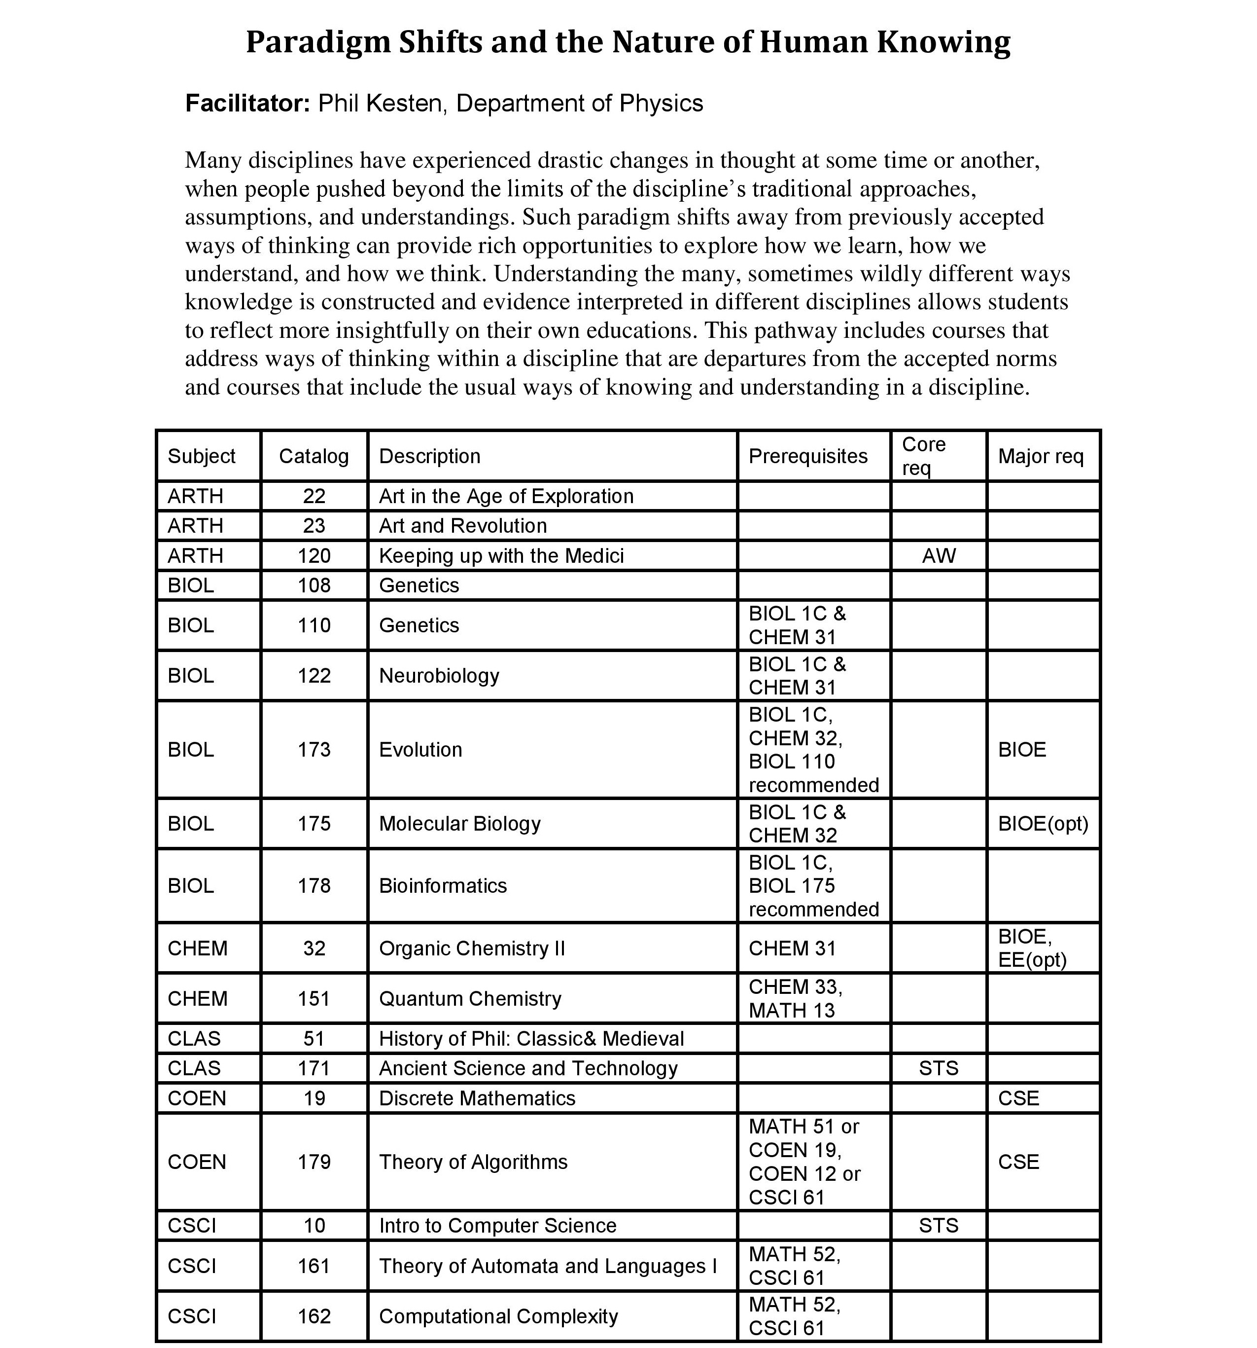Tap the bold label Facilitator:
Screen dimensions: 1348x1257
[247, 104]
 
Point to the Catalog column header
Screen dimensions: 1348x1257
[314, 456]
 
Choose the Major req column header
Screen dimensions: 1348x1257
[1040, 456]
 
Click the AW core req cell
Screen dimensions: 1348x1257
[939, 556]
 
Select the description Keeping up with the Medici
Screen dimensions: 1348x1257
[501, 556]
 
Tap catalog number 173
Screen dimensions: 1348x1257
[314, 750]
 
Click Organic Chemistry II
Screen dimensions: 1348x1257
[472, 948]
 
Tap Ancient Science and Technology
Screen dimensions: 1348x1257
[528, 1069]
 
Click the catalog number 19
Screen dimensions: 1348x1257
[314, 1098]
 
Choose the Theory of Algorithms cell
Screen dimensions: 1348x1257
[473, 1162]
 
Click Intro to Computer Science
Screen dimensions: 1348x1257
[497, 1226]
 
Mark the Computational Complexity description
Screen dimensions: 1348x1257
[498, 1317]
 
